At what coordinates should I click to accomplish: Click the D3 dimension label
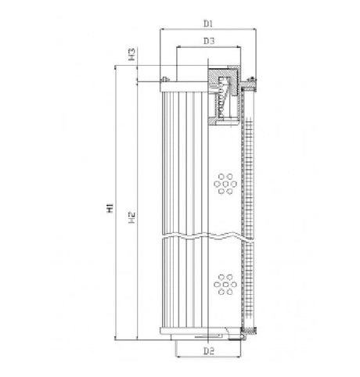[207, 39]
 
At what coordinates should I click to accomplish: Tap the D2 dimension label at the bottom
[208, 351]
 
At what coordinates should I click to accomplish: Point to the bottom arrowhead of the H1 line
[116, 338]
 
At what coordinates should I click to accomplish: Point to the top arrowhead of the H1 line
[116, 67]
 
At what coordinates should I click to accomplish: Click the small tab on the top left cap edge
[165, 78]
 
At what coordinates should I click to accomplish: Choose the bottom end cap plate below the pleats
[207, 335]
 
